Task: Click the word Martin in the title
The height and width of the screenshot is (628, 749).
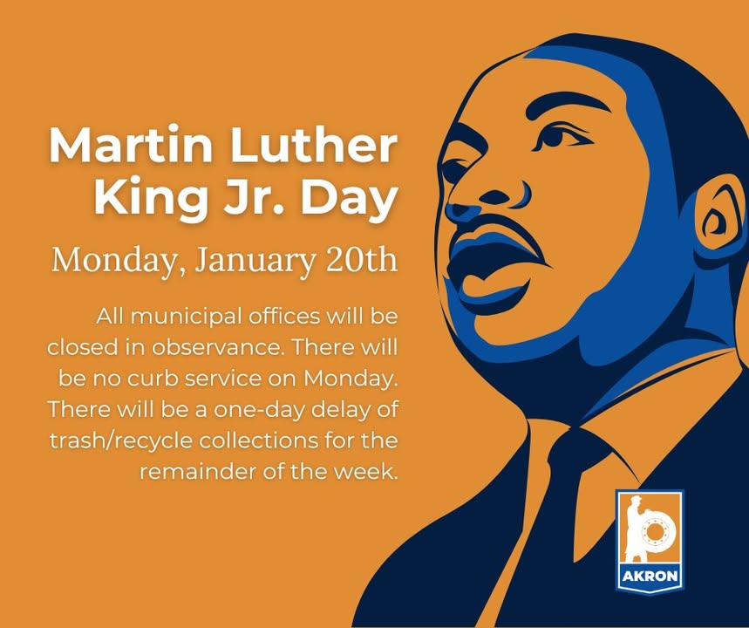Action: coord(131,144)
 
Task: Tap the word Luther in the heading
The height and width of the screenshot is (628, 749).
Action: coord(314,144)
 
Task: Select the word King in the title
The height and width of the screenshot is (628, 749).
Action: coord(152,198)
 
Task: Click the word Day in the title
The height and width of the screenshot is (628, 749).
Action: coord(349,198)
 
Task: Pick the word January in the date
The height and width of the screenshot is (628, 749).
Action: coord(255,261)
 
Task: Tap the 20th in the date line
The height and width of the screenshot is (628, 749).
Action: coord(361,259)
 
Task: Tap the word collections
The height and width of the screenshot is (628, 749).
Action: coord(258,440)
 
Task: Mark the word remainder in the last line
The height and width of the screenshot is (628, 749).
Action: coord(198,472)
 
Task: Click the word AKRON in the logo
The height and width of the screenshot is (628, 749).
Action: coord(650,576)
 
